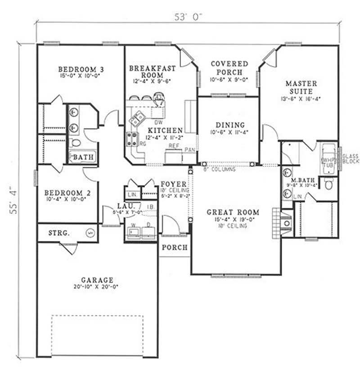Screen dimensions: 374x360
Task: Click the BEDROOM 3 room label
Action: click(81, 69)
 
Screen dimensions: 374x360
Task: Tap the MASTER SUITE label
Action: click(301, 87)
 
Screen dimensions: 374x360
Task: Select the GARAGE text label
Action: click(97, 279)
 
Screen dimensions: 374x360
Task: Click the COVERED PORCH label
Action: click(229, 68)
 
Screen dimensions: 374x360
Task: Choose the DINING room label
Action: click(229, 125)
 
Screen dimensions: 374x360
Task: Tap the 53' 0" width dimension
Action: click(189, 17)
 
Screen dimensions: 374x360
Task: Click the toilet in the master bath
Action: click(329, 183)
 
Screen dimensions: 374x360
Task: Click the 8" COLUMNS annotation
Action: click(219, 169)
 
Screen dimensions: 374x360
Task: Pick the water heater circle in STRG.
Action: click(90, 233)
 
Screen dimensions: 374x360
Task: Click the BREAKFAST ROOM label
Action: click(146, 71)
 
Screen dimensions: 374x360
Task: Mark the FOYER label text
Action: click(171, 183)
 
